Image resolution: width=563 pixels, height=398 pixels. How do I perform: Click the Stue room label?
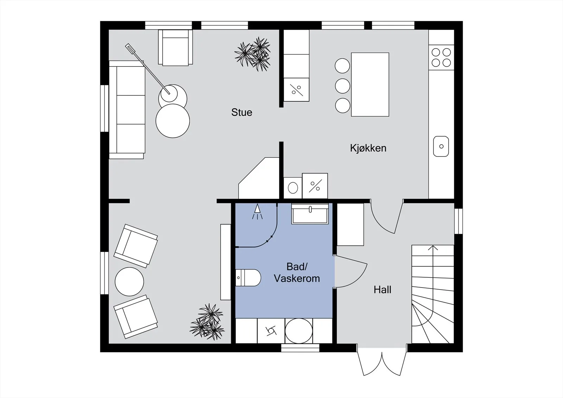point(241,112)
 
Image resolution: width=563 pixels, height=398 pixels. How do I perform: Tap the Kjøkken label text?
point(368,148)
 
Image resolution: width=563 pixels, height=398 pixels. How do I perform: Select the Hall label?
point(382,290)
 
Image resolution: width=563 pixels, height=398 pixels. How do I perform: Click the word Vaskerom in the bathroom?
point(297,279)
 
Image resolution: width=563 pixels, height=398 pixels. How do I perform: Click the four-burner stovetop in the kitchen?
point(441,58)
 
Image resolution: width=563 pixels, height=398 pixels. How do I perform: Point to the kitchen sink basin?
point(441,146)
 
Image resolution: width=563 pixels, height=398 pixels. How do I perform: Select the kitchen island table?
point(370,84)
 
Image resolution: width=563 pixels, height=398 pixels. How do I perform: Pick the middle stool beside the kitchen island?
point(342,86)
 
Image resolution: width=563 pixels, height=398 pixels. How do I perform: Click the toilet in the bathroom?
point(248,278)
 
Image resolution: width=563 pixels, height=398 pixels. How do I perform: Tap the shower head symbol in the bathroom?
point(257,212)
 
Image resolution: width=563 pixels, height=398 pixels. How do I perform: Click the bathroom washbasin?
point(310,214)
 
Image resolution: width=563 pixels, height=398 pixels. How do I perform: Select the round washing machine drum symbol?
point(299,331)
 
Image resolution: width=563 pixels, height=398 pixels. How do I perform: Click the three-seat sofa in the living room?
point(127,110)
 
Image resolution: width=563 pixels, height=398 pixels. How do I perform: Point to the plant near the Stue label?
point(253,54)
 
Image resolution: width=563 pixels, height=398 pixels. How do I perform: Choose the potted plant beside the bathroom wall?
point(207,322)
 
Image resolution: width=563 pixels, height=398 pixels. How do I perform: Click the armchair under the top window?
point(176,48)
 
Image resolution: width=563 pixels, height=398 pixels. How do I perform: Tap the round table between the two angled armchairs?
point(129,282)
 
